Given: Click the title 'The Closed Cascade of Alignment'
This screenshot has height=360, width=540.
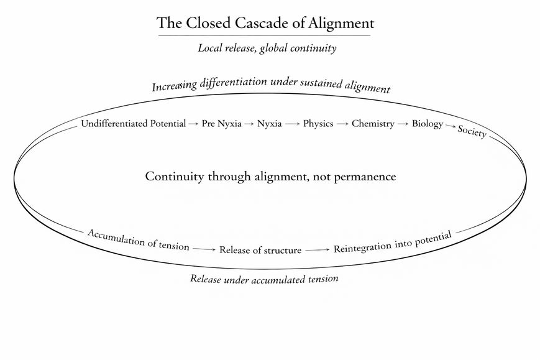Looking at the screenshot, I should pos(265,24).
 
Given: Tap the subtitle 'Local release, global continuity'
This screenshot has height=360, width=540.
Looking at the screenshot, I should pos(267,48).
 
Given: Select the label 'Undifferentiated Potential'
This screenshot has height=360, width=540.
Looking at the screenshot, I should pos(133,124).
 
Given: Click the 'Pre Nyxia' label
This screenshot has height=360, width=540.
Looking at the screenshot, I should pos(221,124).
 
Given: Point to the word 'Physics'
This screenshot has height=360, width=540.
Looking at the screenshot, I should pos(318,124).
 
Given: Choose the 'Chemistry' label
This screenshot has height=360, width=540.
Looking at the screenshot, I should pos(373,124).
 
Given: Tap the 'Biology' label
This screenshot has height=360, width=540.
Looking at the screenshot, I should pos(427,124).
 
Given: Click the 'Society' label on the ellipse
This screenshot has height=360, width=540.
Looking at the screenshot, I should pos(472,132).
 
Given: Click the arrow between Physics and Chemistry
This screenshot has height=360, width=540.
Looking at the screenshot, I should pos(342,124).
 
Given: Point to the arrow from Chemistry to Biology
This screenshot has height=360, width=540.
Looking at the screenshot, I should pos(403,124).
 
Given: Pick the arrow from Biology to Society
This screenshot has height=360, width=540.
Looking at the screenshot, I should pos(450,126).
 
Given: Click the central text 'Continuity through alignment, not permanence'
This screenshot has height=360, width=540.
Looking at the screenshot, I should pos(270,177).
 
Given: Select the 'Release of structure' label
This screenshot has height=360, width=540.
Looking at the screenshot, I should pos(260,250).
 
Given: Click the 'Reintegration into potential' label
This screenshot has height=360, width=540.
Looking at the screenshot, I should pos(392,242).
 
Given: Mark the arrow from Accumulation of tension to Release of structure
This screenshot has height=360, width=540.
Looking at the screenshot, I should pos(204,249).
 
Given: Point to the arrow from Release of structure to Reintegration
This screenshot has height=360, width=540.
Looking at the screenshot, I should pos(317,249).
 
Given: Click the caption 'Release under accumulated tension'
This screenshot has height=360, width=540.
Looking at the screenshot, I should pos(264,279).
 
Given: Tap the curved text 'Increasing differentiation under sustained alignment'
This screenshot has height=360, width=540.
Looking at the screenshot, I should pos(271,85).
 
